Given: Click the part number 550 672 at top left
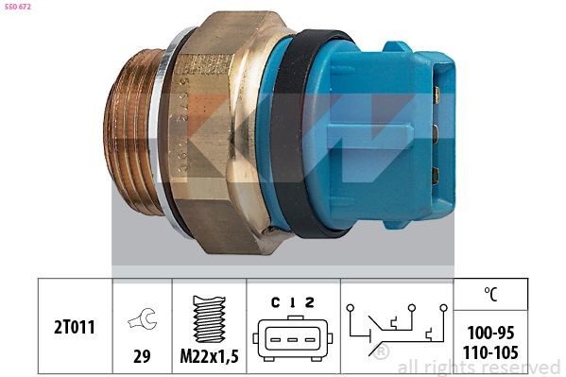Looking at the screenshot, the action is coord(18,7).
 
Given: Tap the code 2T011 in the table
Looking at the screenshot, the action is coord(75,327).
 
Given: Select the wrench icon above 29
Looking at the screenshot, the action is coord(143,318).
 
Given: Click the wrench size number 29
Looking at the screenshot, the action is coord(142,356).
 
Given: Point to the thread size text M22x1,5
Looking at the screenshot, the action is coord(210,357).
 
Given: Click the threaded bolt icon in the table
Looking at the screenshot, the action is coord(210,318).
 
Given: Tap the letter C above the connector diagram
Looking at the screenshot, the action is coord(275,302).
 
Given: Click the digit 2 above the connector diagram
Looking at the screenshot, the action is coord(309,302).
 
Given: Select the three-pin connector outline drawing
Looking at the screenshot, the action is coord(292,338).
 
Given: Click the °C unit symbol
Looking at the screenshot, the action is coord(490,294).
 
